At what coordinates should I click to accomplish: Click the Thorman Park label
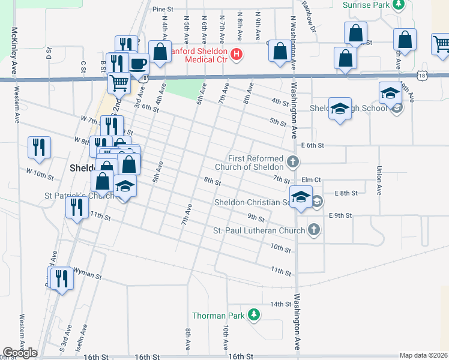[217, 316]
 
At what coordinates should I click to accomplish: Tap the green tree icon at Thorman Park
[254, 314]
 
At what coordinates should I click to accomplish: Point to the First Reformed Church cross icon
[292, 161]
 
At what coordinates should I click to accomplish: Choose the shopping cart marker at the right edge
[441, 44]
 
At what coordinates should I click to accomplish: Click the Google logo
[20, 353]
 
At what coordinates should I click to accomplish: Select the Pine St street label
[163, 10]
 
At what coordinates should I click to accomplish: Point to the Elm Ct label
[312, 179]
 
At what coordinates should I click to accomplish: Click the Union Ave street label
[379, 181]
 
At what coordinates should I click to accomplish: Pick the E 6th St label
[313, 145]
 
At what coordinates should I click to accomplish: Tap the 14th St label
[280, 304]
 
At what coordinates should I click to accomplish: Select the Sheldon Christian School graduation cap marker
[301, 196]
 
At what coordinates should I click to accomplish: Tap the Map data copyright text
[424, 355]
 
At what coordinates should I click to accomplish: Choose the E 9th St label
[339, 215]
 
